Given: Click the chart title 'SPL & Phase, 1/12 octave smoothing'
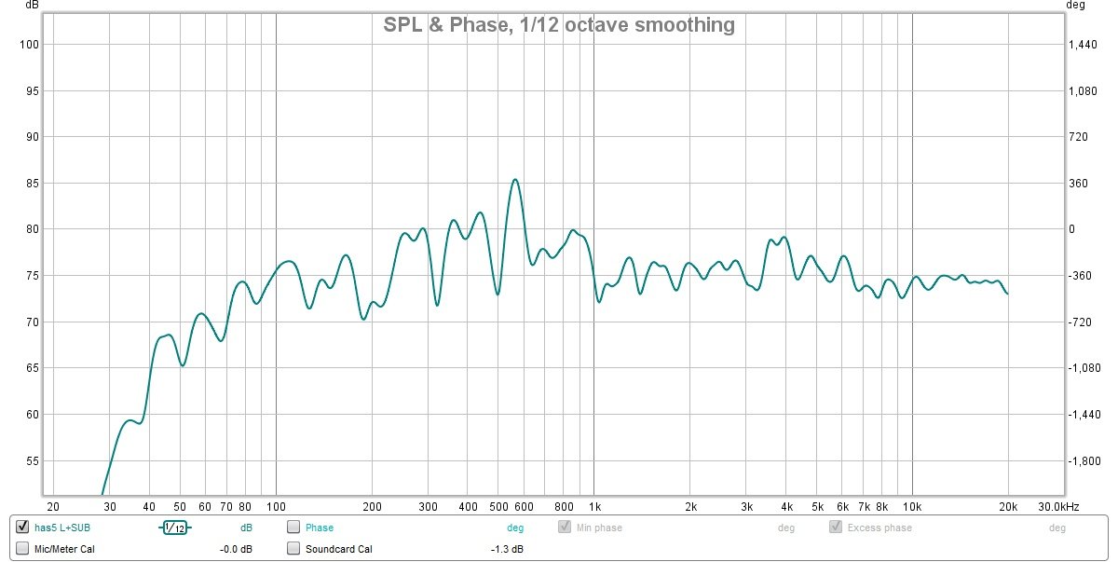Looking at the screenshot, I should (x=559, y=25).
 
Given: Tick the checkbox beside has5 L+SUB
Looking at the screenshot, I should (x=22, y=528).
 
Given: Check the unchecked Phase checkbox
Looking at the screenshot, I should (x=293, y=528).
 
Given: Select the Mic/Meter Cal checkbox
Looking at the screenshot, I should (x=22, y=549).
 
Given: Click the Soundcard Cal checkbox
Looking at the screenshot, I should (x=293, y=549).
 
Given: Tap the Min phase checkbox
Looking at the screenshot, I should (x=565, y=528).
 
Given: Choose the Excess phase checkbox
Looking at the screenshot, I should (x=836, y=528).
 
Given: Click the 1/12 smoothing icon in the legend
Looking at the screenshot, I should (x=174, y=528).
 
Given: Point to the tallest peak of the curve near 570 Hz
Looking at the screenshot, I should (x=515, y=180).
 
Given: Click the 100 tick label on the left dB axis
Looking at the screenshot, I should (x=28, y=45).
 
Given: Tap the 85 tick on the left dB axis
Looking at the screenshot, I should (x=31, y=184).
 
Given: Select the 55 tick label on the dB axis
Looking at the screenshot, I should (x=31, y=461).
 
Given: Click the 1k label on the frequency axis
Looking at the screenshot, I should (x=594, y=506).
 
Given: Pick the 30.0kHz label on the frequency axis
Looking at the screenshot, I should (x=1059, y=506).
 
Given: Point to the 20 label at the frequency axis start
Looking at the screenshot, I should (x=53, y=506).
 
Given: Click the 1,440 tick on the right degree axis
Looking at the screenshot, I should (x=1084, y=45).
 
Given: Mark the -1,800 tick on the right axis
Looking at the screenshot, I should (x=1084, y=461).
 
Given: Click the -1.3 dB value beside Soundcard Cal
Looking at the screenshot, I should (x=507, y=549).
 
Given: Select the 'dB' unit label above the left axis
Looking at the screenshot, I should (x=33, y=7).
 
